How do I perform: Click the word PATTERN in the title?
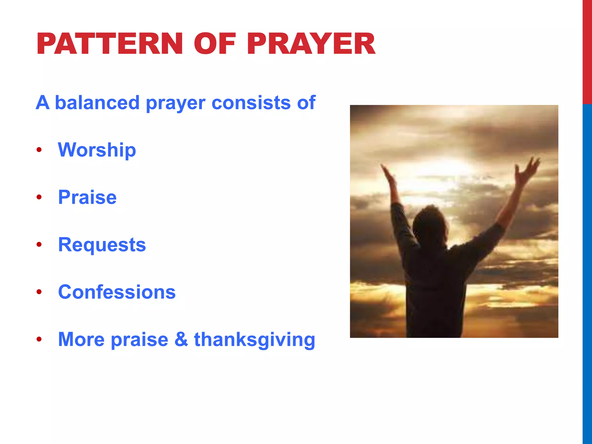(110, 44)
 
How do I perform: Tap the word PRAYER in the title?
(311, 44)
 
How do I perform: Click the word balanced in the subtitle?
(97, 103)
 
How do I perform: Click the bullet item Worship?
(97, 150)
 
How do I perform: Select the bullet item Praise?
(87, 197)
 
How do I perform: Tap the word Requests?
(102, 245)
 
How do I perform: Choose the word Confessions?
(117, 292)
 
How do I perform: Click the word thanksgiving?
(254, 340)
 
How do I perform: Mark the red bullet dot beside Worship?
(39, 150)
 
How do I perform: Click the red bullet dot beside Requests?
(39, 245)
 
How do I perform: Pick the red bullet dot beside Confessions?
(39, 292)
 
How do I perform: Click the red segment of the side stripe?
(587, 52)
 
